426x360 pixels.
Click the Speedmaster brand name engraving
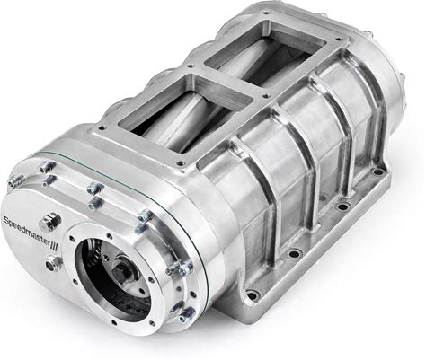27,232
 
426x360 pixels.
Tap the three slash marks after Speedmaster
55,245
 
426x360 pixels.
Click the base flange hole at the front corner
253,295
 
